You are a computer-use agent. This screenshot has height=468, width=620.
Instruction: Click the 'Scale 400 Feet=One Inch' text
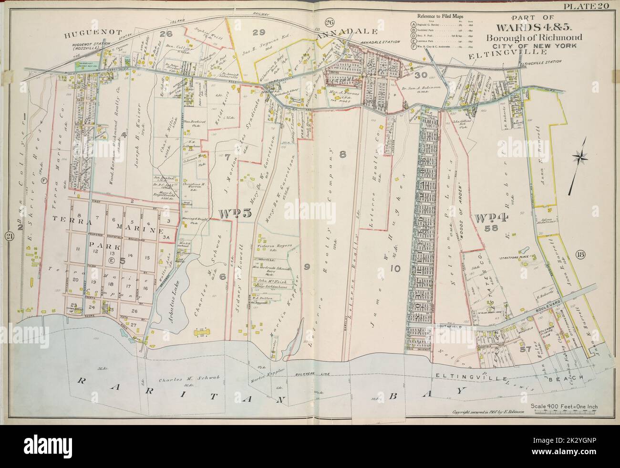click(x=567, y=406)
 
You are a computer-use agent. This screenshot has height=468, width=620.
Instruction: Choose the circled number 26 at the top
click(x=329, y=22)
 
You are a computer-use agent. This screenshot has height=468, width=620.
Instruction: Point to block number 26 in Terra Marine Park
click(x=134, y=312)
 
